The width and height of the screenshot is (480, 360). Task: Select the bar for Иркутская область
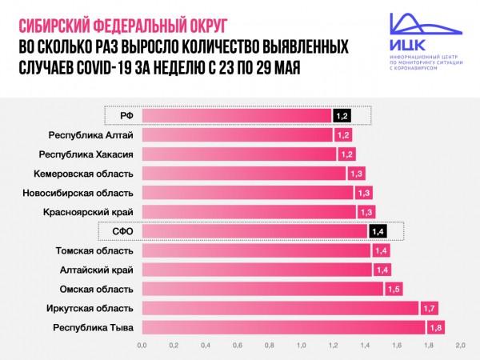click(x=280, y=307)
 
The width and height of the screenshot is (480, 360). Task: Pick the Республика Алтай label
click(x=90, y=134)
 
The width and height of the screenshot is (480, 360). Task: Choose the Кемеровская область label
click(x=83, y=173)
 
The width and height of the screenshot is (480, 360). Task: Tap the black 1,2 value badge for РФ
click(x=342, y=116)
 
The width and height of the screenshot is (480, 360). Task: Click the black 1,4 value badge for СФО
click(x=378, y=231)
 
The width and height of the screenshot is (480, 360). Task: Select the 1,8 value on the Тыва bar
click(x=436, y=326)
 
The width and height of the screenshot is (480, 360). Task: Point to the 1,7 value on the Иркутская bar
click(x=430, y=307)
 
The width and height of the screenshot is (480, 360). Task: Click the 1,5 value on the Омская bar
click(x=394, y=288)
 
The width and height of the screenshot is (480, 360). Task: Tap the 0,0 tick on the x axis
click(x=142, y=346)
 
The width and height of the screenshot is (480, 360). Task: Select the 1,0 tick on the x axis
click(x=301, y=346)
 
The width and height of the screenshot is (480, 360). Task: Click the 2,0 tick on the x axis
click(x=460, y=346)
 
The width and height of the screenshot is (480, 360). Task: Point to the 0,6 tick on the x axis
click(x=238, y=346)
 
